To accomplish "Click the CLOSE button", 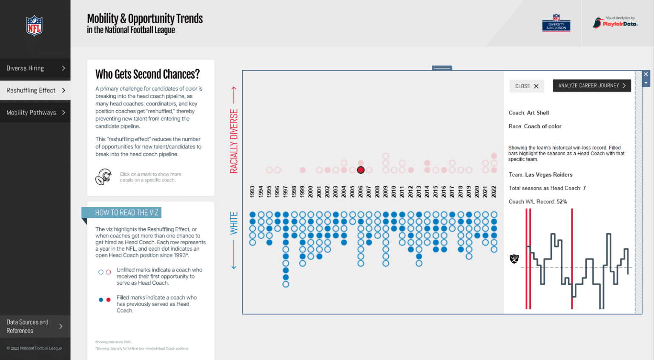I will (526, 86).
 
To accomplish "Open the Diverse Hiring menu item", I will (35, 69).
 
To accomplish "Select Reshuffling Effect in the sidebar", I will (35, 91).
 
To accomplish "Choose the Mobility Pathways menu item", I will (35, 113).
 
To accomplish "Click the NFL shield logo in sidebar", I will (34, 26).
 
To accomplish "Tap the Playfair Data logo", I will (615, 23).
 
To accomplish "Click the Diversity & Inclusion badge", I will (556, 23).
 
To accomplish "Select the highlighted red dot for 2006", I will (361, 170).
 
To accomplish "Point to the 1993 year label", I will (252, 191).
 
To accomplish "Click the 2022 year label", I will (494, 191).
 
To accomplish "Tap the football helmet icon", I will (103, 177).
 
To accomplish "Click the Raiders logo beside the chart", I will (514, 259).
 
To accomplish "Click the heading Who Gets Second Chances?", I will (147, 74).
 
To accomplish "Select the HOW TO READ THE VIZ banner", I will (126, 213).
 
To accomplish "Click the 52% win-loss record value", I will (562, 202).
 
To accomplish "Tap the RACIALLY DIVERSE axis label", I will (234, 141).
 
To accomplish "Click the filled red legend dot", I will (108, 300).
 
